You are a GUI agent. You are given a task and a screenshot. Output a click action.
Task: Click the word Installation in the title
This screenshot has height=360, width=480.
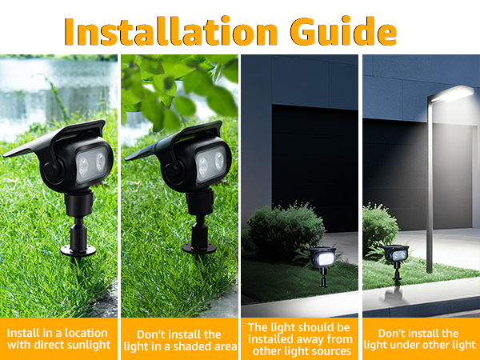[171, 30]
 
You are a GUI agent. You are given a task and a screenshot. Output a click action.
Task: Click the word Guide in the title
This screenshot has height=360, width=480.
[343, 30]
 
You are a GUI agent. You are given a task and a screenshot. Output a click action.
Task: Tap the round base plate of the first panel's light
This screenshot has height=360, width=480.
[78, 250]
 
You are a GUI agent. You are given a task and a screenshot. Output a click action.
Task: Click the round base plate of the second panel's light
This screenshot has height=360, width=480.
[199, 247]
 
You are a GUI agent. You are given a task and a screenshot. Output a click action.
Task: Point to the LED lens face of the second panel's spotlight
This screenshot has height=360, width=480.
[211, 164]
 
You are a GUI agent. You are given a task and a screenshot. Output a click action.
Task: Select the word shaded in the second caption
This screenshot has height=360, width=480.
[194, 346]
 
